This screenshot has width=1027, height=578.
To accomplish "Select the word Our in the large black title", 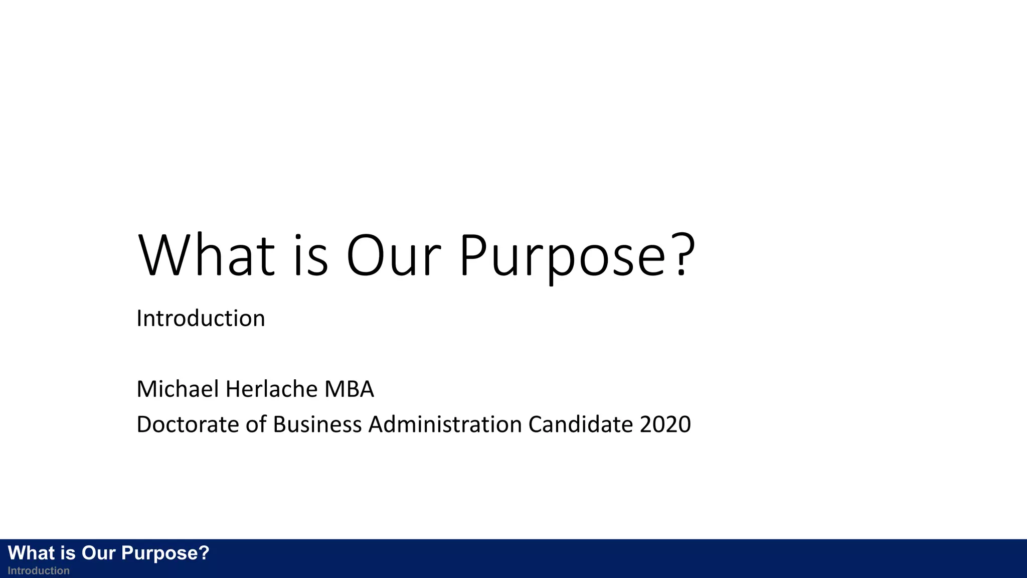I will pyautogui.click(x=394, y=256).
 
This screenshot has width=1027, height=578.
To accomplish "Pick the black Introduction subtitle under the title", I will pyautogui.click(x=201, y=319).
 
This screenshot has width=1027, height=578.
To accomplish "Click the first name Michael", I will pyautogui.click(x=178, y=389).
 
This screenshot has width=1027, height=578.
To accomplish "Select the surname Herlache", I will pyautogui.click(x=271, y=389).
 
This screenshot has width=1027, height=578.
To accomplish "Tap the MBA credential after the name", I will pyautogui.click(x=349, y=389).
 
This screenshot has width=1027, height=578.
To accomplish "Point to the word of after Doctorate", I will pyautogui.click(x=256, y=424).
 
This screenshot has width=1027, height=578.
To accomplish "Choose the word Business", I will pyautogui.click(x=317, y=424).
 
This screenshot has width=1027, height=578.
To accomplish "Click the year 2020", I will pyautogui.click(x=665, y=424).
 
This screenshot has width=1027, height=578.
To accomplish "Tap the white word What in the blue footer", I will pyautogui.click(x=31, y=553).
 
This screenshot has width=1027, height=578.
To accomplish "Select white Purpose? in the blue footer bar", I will pyautogui.click(x=165, y=553).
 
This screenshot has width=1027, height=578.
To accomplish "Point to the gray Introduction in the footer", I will pyautogui.click(x=39, y=571).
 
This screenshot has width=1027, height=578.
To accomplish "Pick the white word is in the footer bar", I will pyautogui.click(x=68, y=553).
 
